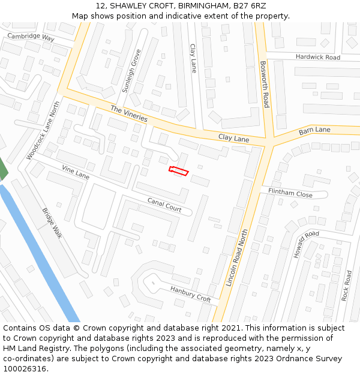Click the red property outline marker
(179, 171)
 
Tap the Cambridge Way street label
(31, 37)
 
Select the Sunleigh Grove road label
(131, 71)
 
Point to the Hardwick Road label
(317, 57)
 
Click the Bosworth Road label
(265, 83)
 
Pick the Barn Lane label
(314, 130)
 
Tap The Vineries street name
(128, 113)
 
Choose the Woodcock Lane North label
(44, 130)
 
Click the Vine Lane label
(76, 174)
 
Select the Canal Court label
(165, 205)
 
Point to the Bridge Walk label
(52, 223)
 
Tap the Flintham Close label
(290, 194)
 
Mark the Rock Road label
(346, 286)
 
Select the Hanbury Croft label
(190, 294)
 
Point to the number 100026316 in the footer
(25, 369)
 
